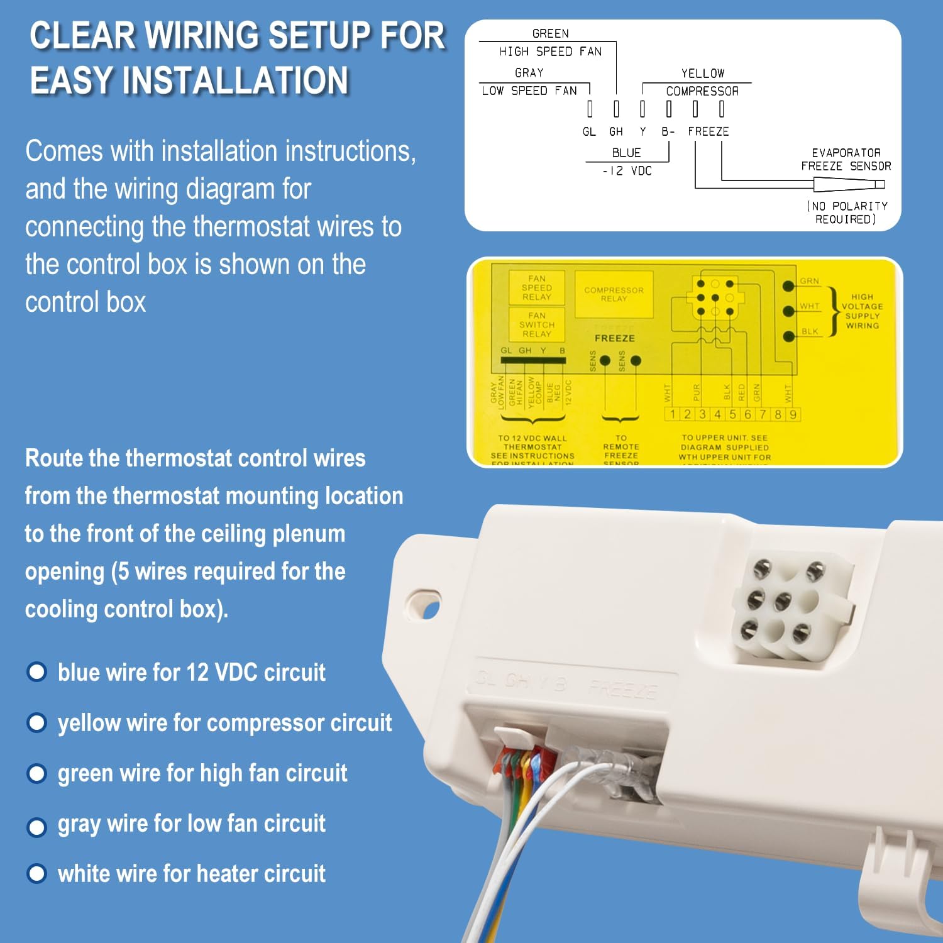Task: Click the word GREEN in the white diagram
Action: pyautogui.click(x=550, y=33)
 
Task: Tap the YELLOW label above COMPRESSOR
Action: pyautogui.click(x=702, y=73)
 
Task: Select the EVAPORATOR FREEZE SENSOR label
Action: pyautogui.click(x=846, y=160)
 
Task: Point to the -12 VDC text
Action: pyautogui.click(x=627, y=171)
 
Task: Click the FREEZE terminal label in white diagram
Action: pyautogui.click(x=708, y=131)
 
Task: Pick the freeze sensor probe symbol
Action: pyautogui.click(x=849, y=184)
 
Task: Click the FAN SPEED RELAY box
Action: pyautogui.click(x=536, y=288)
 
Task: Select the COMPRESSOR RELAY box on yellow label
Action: pyautogui.click(x=614, y=294)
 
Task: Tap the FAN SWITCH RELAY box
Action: pyautogui.click(x=536, y=324)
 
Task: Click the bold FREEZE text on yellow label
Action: pyautogui.click(x=614, y=338)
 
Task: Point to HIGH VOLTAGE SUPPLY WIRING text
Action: pyautogui.click(x=862, y=311)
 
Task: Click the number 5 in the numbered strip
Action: pyautogui.click(x=732, y=414)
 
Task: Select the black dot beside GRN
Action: pyautogui.click(x=788, y=286)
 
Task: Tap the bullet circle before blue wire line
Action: pyautogui.click(x=37, y=672)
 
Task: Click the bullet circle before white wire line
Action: pyautogui.click(x=37, y=873)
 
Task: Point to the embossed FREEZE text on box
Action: pyautogui.click(x=622, y=690)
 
